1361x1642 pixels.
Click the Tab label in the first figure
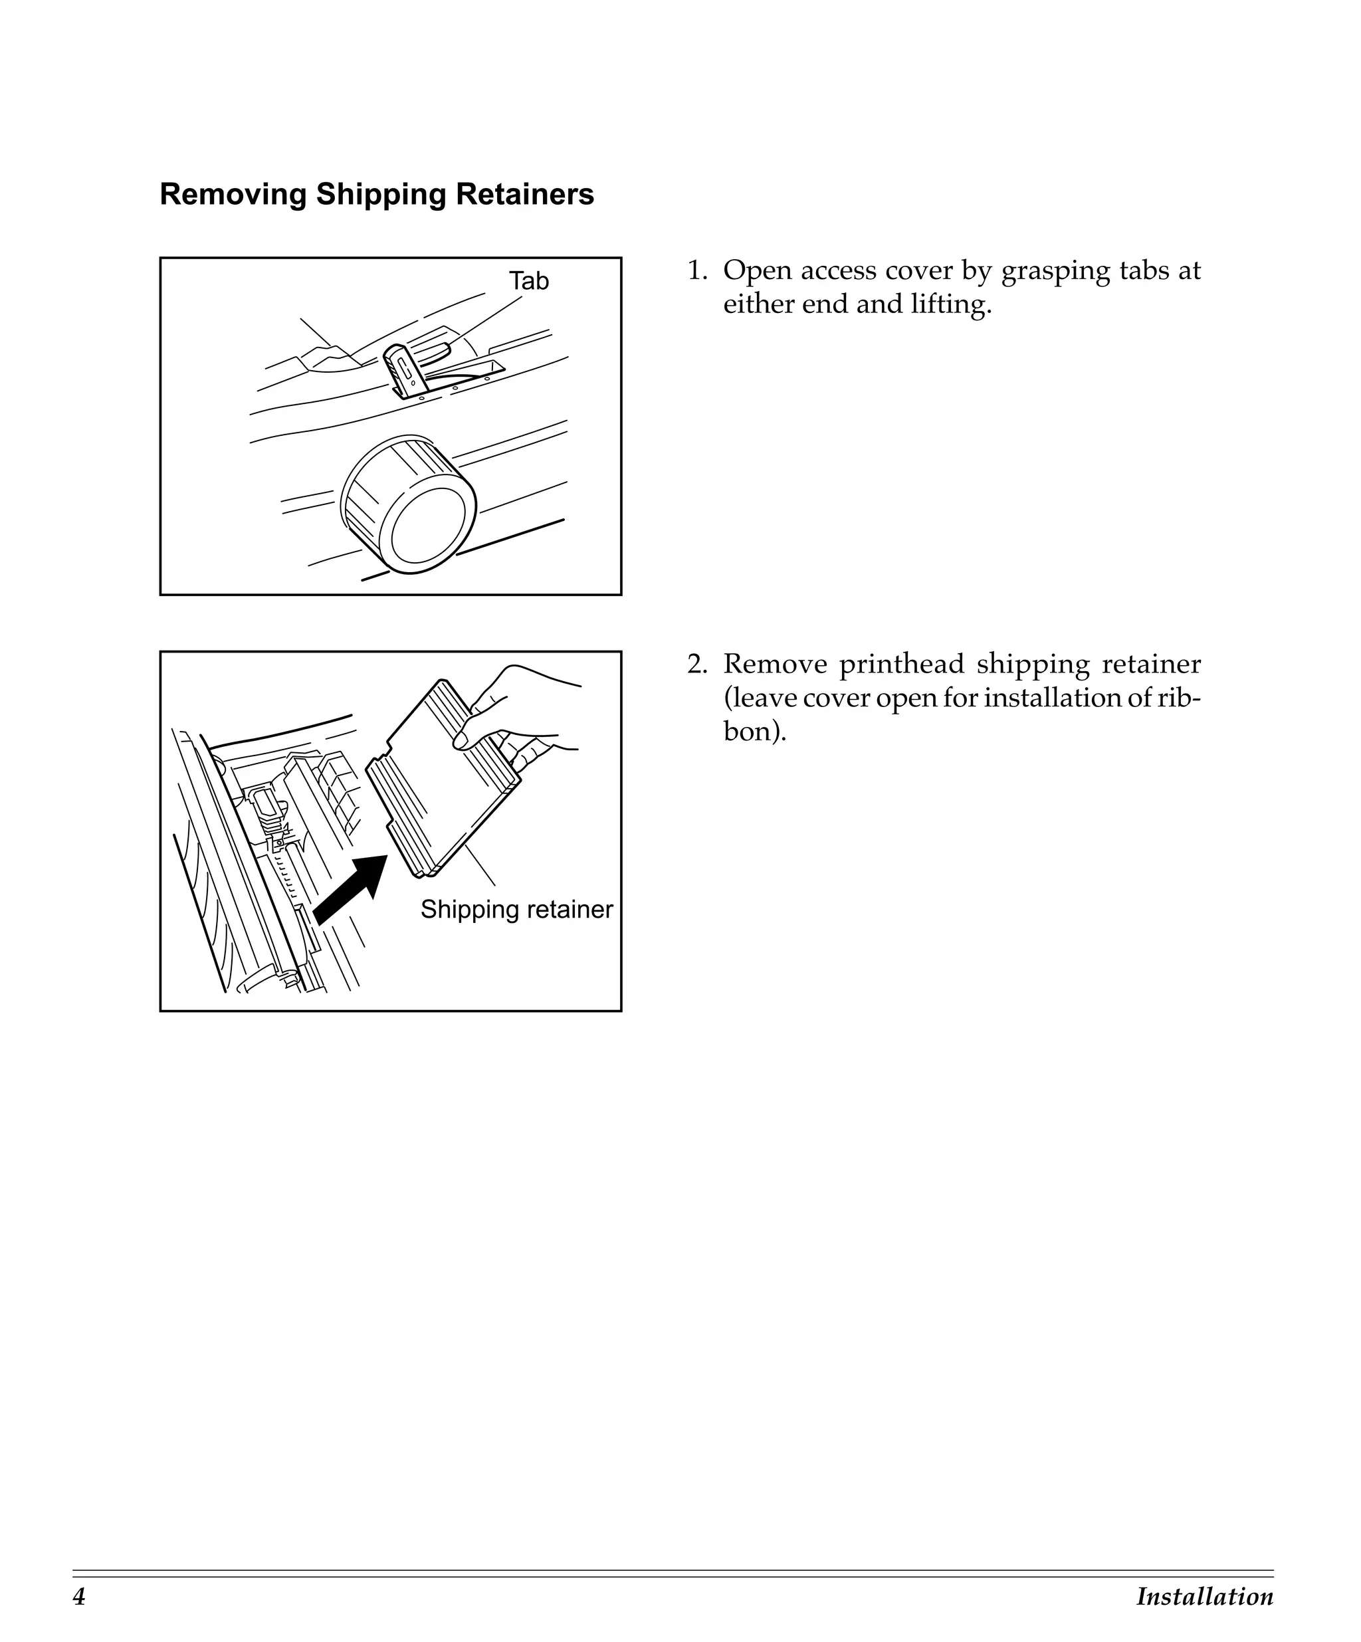[x=528, y=280]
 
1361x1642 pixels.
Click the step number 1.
[x=696, y=270]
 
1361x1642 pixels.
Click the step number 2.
[x=696, y=665]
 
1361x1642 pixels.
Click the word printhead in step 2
[x=901, y=665]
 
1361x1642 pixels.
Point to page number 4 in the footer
[x=79, y=1597]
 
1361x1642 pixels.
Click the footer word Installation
[x=1204, y=1597]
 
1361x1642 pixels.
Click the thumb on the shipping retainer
[x=469, y=728]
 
